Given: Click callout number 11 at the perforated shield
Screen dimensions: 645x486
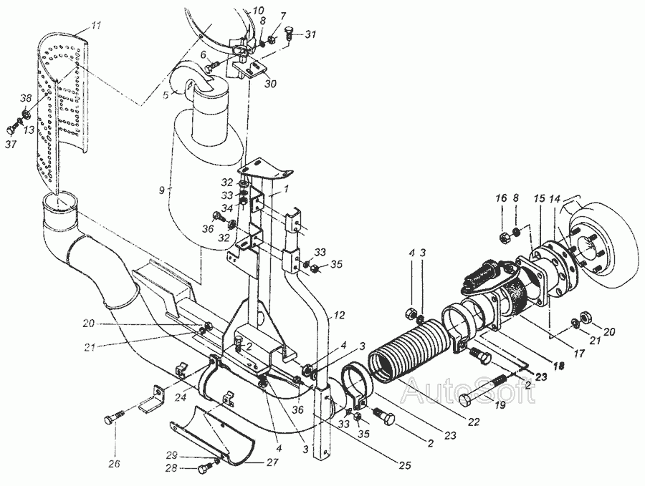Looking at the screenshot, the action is (95, 26).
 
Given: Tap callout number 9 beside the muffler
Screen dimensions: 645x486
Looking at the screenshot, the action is (162, 190).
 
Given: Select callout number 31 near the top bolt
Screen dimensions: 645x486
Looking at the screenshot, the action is (310, 34).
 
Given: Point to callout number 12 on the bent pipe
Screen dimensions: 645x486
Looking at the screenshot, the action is (340, 315).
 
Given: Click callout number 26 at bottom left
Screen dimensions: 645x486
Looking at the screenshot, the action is (115, 464).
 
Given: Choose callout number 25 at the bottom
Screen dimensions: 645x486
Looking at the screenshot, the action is (404, 465).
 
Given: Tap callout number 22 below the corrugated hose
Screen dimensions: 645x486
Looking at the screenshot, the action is (474, 422).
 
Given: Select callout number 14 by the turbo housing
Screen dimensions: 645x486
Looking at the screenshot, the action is (557, 198).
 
